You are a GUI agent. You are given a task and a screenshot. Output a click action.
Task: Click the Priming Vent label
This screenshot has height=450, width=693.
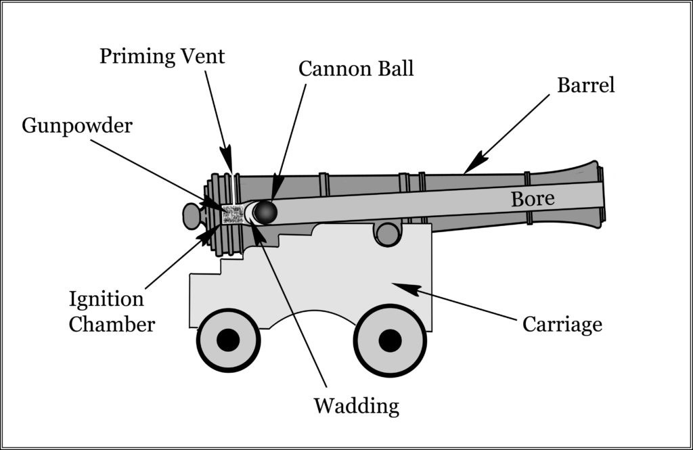pyautogui.click(x=162, y=56)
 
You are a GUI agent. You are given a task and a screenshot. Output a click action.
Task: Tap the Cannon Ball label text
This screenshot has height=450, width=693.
pyautogui.click(x=356, y=69)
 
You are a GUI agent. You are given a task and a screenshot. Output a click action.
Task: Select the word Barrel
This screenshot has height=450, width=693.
pyautogui.click(x=585, y=86)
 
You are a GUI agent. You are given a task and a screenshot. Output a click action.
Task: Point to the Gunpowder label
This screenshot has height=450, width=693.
pyautogui.click(x=77, y=126)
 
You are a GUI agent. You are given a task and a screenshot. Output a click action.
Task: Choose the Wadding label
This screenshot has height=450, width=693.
pyautogui.click(x=356, y=406)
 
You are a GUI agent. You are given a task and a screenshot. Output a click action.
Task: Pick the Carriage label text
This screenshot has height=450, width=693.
pyautogui.click(x=562, y=325)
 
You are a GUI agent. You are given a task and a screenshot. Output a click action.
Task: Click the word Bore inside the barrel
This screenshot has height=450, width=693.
pyautogui.click(x=533, y=199)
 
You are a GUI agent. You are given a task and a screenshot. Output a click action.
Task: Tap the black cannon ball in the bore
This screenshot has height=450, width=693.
pyautogui.click(x=265, y=212)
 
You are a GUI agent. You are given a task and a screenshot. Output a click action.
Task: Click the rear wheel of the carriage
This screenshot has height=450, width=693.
pyautogui.click(x=228, y=340)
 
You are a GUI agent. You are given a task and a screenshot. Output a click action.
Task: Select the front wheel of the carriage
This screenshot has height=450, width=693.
pyautogui.click(x=390, y=340)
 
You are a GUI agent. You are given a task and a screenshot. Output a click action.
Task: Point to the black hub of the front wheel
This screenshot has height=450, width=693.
pyautogui.click(x=390, y=340)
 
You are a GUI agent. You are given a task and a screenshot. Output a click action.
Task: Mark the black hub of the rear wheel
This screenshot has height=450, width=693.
pyautogui.click(x=228, y=340)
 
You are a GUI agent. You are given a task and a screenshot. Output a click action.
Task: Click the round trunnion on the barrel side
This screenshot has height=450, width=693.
pyautogui.click(x=387, y=234)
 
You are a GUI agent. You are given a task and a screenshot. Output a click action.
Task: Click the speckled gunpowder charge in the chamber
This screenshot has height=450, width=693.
pyautogui.click(x=233, y=215)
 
